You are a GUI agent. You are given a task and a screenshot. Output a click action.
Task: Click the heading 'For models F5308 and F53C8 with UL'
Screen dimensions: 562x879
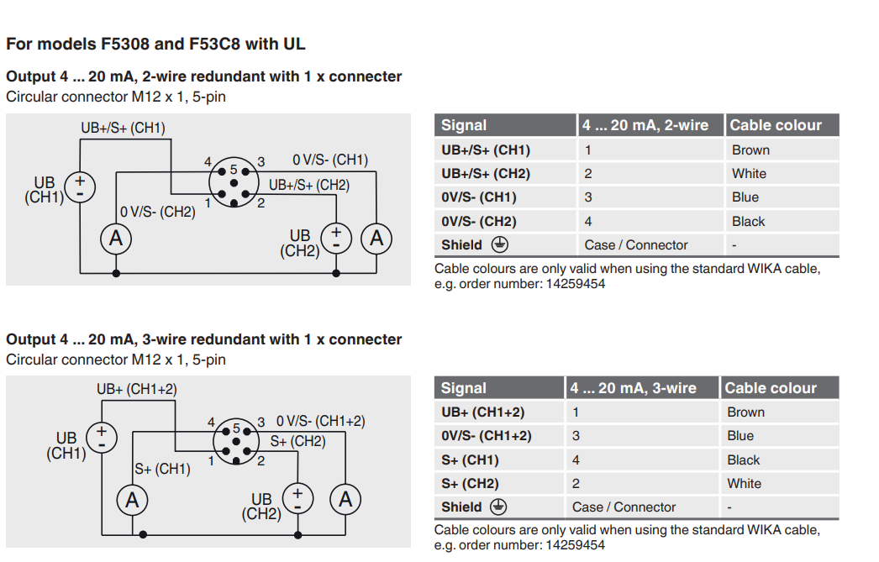click(155, 44)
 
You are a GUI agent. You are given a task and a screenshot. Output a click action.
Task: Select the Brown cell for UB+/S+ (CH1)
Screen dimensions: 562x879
click(750, 150)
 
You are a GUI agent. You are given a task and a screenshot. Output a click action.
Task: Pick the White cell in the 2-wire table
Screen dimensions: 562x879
click(749, 174)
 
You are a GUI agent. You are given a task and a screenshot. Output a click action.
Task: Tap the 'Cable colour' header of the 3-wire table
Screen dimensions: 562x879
click(771, 388)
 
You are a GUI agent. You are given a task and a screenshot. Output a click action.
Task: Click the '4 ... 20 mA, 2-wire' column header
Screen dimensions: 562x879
click(645, 125)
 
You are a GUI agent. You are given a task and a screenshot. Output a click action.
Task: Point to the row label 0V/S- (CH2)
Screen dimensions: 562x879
click(479, 222)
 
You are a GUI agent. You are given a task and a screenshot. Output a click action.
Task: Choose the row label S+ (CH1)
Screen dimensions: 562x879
click(470, 460)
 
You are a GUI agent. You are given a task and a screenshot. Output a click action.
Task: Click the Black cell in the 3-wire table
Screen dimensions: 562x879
click(743, 460)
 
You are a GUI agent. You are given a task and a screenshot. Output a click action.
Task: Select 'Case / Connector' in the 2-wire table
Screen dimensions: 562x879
click(636, 245)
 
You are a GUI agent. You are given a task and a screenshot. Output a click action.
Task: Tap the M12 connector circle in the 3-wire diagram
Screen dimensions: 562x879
click(235, 442)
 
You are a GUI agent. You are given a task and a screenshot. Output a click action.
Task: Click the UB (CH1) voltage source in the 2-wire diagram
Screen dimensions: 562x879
click(80, 186)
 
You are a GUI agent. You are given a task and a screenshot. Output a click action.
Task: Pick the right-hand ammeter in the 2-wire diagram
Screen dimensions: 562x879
click(376, 239)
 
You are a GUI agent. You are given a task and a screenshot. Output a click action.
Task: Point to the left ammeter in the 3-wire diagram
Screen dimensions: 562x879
click(132, 501)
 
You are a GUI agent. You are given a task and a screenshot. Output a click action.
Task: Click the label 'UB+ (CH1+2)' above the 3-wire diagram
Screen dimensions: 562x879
click(137, 389)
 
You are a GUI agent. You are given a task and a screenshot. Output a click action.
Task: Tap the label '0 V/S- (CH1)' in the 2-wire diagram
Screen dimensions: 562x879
click(330, 160)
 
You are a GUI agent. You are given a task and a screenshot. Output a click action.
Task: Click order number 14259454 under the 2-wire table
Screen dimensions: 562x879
click(576, 284)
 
